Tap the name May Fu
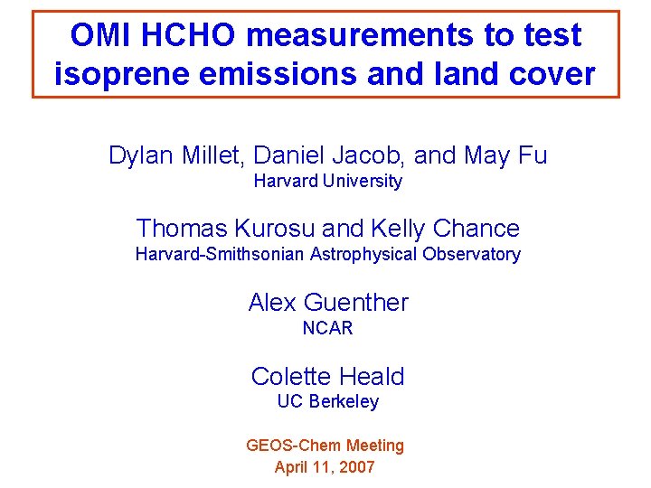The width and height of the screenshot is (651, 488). click(x=505, y=155)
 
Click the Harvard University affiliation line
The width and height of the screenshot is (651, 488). click(x=327, y=181)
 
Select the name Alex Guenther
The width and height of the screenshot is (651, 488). click(x=328, y=303)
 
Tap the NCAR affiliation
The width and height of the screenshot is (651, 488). click(x=327, y=328)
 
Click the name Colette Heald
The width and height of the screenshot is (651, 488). click(x=327, y=377)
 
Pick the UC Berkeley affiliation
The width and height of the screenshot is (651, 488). click(x=327, y=402)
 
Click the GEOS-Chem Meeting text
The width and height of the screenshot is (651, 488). click(x=325, y=446)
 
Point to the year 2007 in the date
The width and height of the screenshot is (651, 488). click(x=355, y=467)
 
